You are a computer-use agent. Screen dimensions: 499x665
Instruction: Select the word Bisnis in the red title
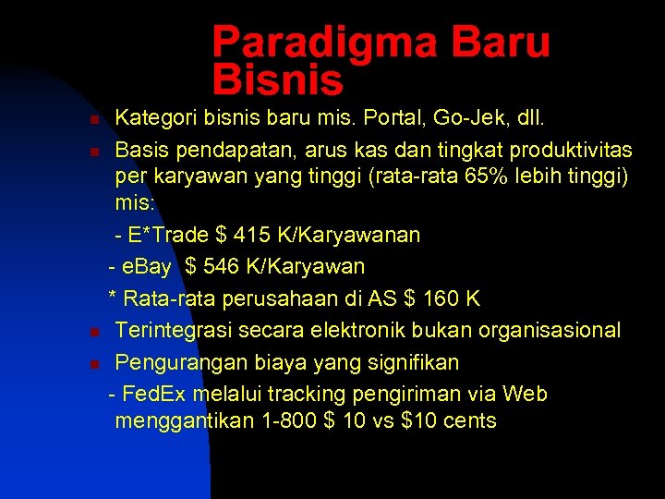tap(278, 80)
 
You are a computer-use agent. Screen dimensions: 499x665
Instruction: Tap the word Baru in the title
tap(500, 43)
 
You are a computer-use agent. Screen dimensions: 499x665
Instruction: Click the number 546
tap(220, 267)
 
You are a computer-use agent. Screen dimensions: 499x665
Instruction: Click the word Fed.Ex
tap(152, 394)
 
